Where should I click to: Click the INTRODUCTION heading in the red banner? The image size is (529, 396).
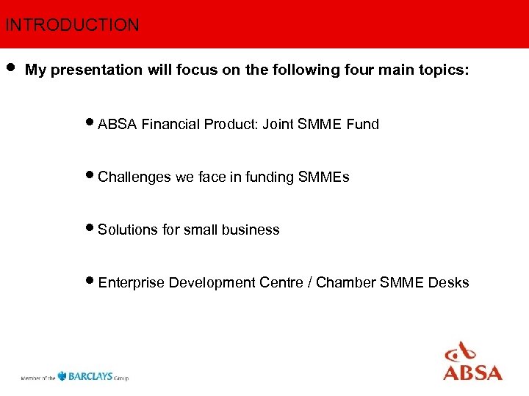click(x=71, y=25)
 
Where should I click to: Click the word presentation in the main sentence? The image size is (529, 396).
click(x=93, y=70)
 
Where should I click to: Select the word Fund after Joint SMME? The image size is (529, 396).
click(x=362, y=125)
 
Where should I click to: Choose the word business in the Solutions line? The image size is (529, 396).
click(x=253, y=230)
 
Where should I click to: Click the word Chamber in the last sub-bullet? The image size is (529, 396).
click(x=349, y=283)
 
